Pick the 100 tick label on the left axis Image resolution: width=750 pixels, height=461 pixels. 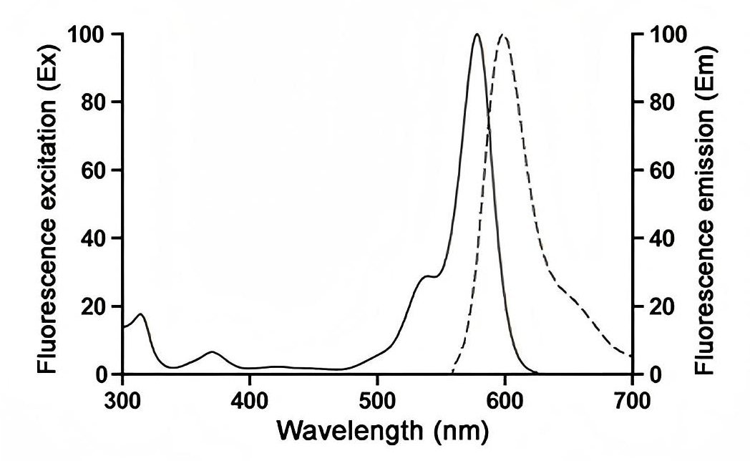[x=87, y=34]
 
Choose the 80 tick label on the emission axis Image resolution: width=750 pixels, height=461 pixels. [x=659, y=102]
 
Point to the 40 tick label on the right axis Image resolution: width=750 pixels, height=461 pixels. [x=659, y=238]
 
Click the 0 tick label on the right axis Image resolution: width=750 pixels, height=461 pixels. [x=653, y=374]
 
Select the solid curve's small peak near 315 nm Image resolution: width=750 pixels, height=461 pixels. [x=141, y=314]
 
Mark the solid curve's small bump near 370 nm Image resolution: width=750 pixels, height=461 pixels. [x=212, y=352]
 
